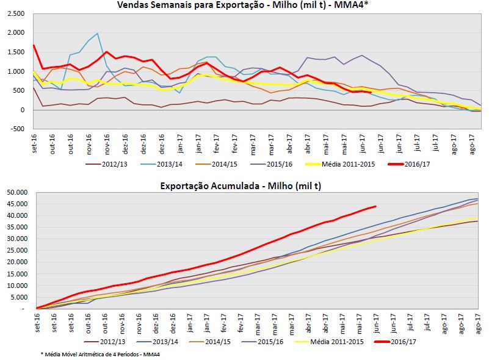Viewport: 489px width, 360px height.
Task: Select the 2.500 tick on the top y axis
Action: click(14, 13)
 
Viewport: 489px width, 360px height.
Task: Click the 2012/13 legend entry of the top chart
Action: click(110, 164)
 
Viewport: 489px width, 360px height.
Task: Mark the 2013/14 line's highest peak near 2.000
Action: click(98, 34)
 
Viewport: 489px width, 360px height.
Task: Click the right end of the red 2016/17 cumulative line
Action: click(375, 206)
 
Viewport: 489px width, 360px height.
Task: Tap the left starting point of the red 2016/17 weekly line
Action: click(34, 45)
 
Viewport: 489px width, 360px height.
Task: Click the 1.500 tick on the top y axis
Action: click(14, 52)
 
